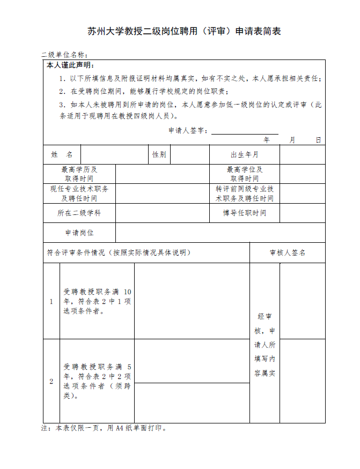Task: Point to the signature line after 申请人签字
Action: [245, 131]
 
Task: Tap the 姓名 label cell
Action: [62, 155]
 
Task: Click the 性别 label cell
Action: [159, 155]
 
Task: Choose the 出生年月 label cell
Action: [244, 155]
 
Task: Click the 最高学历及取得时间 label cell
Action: [79, 174]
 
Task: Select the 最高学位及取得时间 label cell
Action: [244, 174]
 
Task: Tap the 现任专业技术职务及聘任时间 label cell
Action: [79, 193]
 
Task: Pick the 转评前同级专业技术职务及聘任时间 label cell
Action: [244, 193]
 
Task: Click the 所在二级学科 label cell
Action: [79, 213]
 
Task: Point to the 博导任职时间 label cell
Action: [244, 213]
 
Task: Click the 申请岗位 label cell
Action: [79, 233]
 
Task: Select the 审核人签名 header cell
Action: [287, 252]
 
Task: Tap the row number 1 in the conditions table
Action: [52, 301]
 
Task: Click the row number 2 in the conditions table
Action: [52, 381]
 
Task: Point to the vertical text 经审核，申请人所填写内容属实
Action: [265, 344]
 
